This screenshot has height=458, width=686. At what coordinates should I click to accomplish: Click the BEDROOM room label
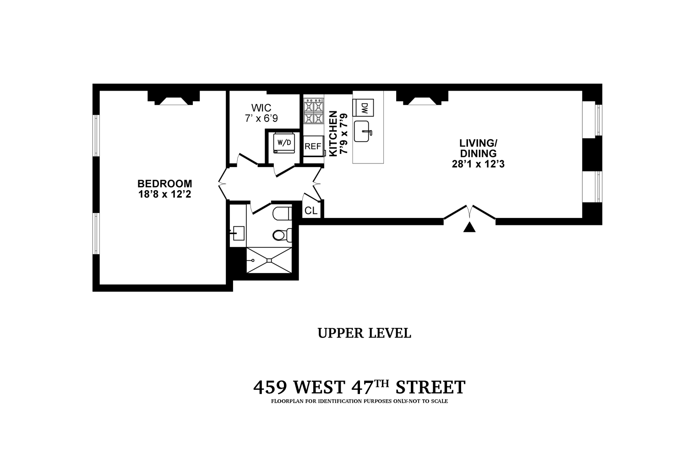point(164,183)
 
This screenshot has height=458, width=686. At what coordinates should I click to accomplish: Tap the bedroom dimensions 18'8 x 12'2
point(164,194)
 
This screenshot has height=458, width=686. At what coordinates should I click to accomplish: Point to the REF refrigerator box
point(313,147)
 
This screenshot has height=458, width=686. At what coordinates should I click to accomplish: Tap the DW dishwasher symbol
point(365,108)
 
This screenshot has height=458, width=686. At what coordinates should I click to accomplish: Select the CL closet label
point(311,211)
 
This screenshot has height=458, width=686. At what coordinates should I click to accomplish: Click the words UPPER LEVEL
point(364,333)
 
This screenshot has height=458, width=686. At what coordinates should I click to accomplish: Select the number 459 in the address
point(270,387)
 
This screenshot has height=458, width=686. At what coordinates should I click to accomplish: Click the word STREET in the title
point(430,387)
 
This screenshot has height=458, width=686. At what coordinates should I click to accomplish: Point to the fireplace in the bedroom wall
point(173,99)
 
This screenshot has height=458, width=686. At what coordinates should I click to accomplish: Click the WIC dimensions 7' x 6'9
point(261,118)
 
